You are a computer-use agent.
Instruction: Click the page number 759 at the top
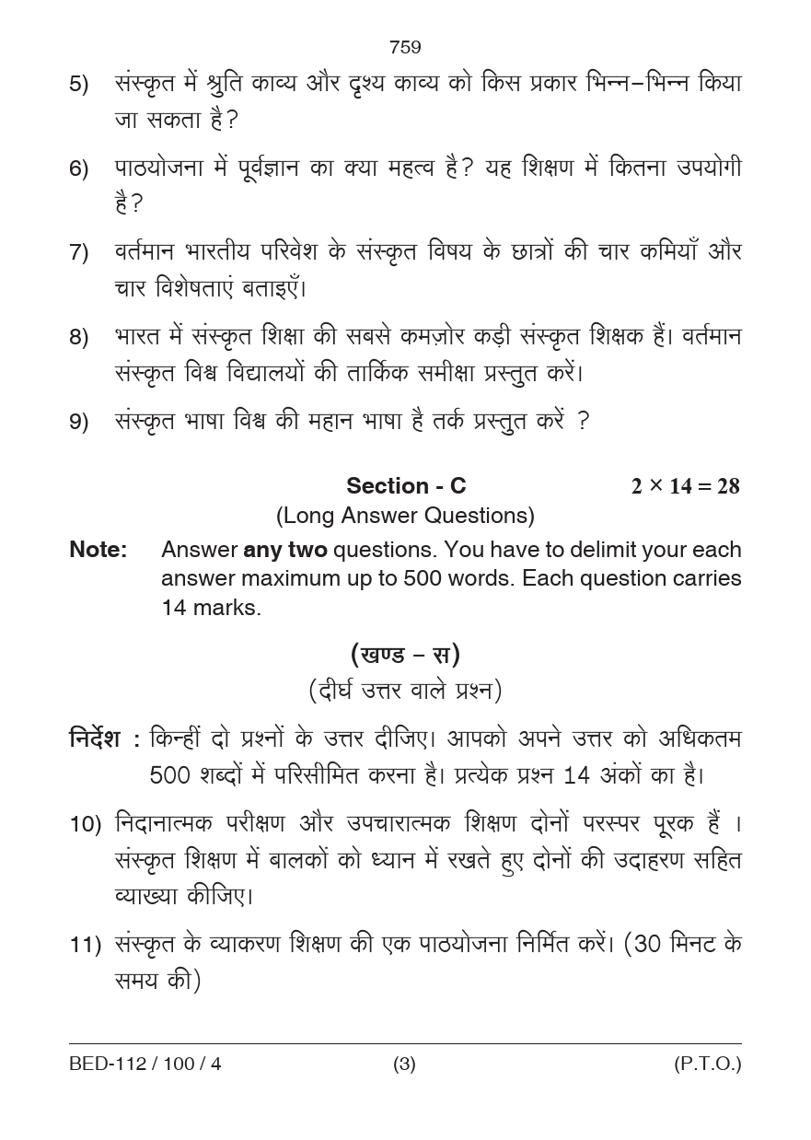[x=405, y=47]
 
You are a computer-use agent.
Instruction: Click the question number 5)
[x=79, y=85]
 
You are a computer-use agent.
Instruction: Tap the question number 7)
[x=79, y=253]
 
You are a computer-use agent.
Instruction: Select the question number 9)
[x=79, y=423]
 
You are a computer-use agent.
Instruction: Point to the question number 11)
[x=85, y=946]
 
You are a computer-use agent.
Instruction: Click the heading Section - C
[x=406, y=485]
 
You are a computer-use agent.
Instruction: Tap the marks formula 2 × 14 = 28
[x=685, y=486]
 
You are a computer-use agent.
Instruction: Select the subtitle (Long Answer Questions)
[x=405, y=516]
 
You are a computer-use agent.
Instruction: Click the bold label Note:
[x=98, y=550]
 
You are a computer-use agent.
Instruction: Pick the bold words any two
[x=284, y=550]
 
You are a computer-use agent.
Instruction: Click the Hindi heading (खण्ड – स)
[x=405, y=655]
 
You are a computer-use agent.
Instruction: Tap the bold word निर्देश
[x=95, y=739]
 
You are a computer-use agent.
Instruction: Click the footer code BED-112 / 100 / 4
[x=145, y=1064]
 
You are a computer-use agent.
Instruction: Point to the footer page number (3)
[x=404, y=1064]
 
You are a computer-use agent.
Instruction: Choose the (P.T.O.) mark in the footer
[x=707, y=1064]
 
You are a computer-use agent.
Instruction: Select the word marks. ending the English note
[x=227, y=608]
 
